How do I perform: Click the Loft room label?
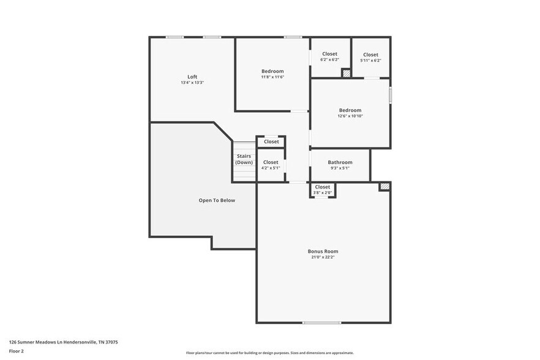point(192,77)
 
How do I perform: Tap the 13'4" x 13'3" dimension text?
point(192,83)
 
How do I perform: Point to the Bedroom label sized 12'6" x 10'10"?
point(350,110)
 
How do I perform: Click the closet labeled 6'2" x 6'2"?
point(329,54)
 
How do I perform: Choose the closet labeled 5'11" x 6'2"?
point(370,54)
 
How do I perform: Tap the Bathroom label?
point(340,162)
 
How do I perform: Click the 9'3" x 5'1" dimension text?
point(340,168)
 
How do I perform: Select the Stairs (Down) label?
point(244,159)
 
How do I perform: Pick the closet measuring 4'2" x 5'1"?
point(271,162)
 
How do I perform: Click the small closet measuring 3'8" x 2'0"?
point(323,187)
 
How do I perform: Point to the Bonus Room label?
point(323,251)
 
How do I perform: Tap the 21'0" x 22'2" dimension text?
point(323,257)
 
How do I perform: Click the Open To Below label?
point(217,200)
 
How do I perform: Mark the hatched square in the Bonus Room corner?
point(384,187)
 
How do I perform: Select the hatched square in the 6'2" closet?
point(346,73)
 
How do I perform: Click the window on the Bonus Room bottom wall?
point(322,323)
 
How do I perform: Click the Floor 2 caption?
point(17,351)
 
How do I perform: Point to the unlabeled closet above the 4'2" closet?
point(271,141)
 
